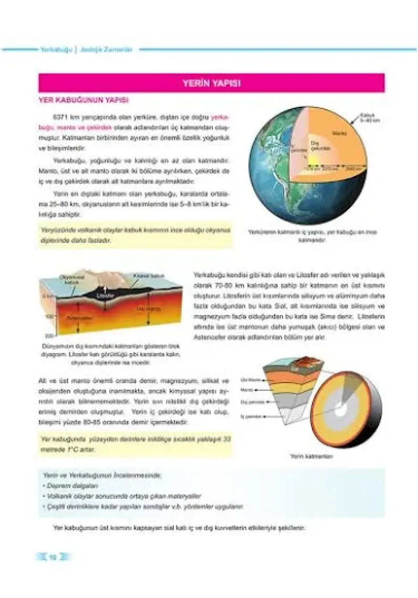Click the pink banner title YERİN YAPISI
coord(211,83)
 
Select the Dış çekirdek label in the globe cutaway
coord(320,145)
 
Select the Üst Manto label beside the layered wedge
coord(250,379)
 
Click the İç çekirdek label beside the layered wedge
coord(250,415)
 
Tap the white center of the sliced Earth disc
coord(341,409)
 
